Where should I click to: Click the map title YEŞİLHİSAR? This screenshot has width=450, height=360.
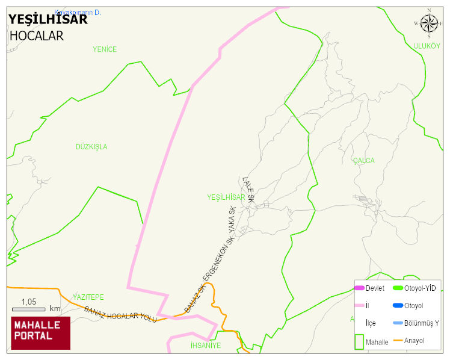point(48,19)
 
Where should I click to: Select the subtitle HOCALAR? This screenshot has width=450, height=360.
point(37,36)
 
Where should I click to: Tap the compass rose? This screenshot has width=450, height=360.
point(429,23)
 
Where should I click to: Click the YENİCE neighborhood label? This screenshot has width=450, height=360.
point(105,49)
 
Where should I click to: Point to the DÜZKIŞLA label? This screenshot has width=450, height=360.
point(91,147)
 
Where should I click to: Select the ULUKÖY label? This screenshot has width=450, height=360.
point(427,46)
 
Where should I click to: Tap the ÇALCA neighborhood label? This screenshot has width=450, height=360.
point(363,161)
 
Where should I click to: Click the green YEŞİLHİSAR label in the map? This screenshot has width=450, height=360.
point(226,197)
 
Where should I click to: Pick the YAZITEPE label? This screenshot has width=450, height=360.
point(88,297)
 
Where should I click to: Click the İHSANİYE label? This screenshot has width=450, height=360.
point(205,346)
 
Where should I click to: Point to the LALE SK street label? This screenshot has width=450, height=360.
point(248,188)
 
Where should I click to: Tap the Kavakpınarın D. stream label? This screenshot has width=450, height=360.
point(78,13)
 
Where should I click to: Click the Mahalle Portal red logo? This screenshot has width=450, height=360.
point(41,333)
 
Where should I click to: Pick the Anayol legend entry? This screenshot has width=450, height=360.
point(414,341)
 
